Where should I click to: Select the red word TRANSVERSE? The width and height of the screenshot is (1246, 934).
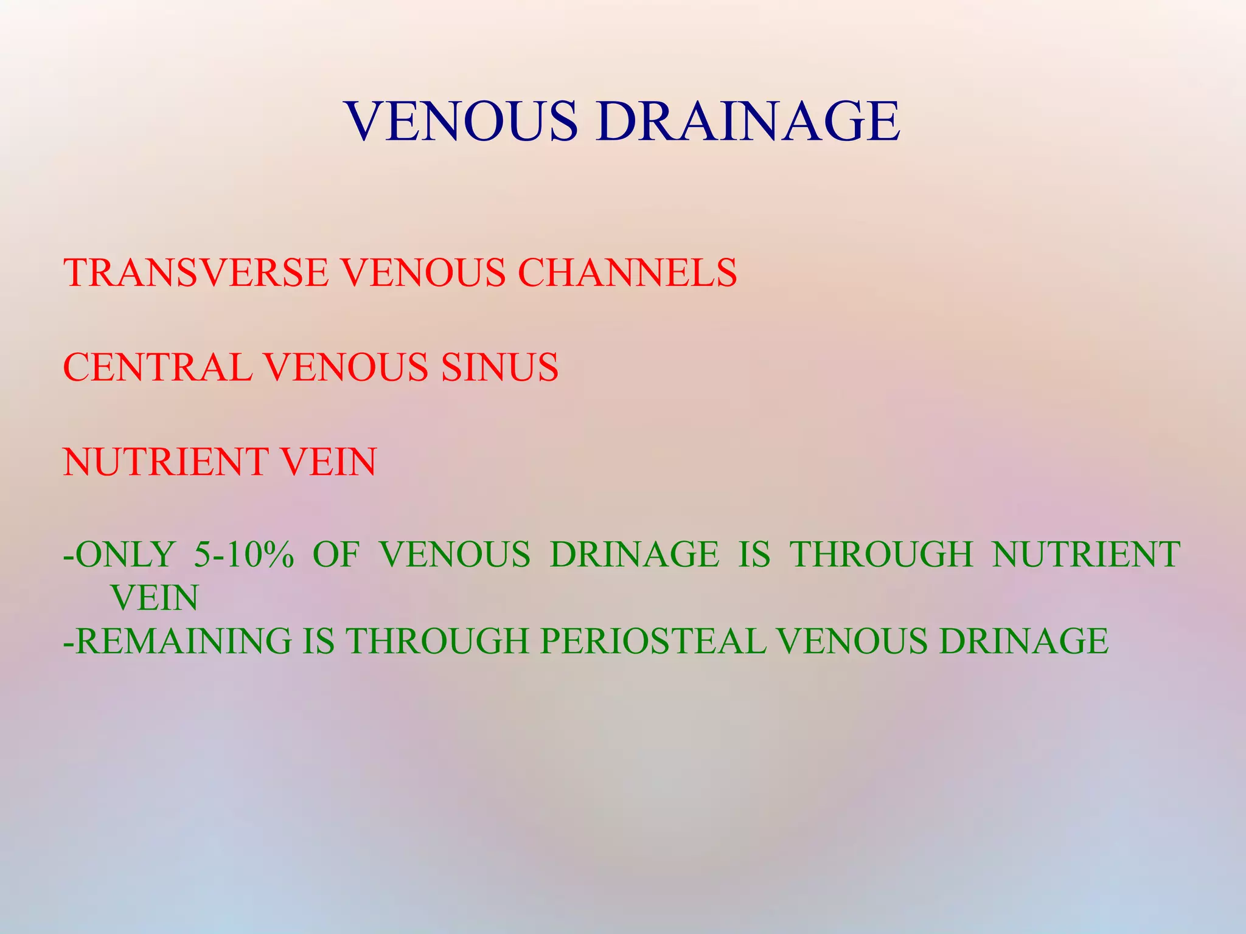tap(196, 272)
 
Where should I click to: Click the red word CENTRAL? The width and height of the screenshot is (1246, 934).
tap(158, 367)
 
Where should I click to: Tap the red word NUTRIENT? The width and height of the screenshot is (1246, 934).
tap(166, 462)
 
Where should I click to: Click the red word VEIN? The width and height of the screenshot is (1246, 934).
tap(329, 462)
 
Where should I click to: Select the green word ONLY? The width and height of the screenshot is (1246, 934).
tap(126, 555)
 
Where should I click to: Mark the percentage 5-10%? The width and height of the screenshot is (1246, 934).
tap(244, 555)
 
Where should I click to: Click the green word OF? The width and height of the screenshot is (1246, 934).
tap(336, 555)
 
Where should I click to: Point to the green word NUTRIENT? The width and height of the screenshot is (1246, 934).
tap(1086, 555)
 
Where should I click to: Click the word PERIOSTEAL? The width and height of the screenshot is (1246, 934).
tap(652, 641)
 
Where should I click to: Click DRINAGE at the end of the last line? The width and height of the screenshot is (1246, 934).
tap(1023, 641)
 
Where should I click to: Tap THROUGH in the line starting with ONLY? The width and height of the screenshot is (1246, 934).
tap(882, 555)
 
